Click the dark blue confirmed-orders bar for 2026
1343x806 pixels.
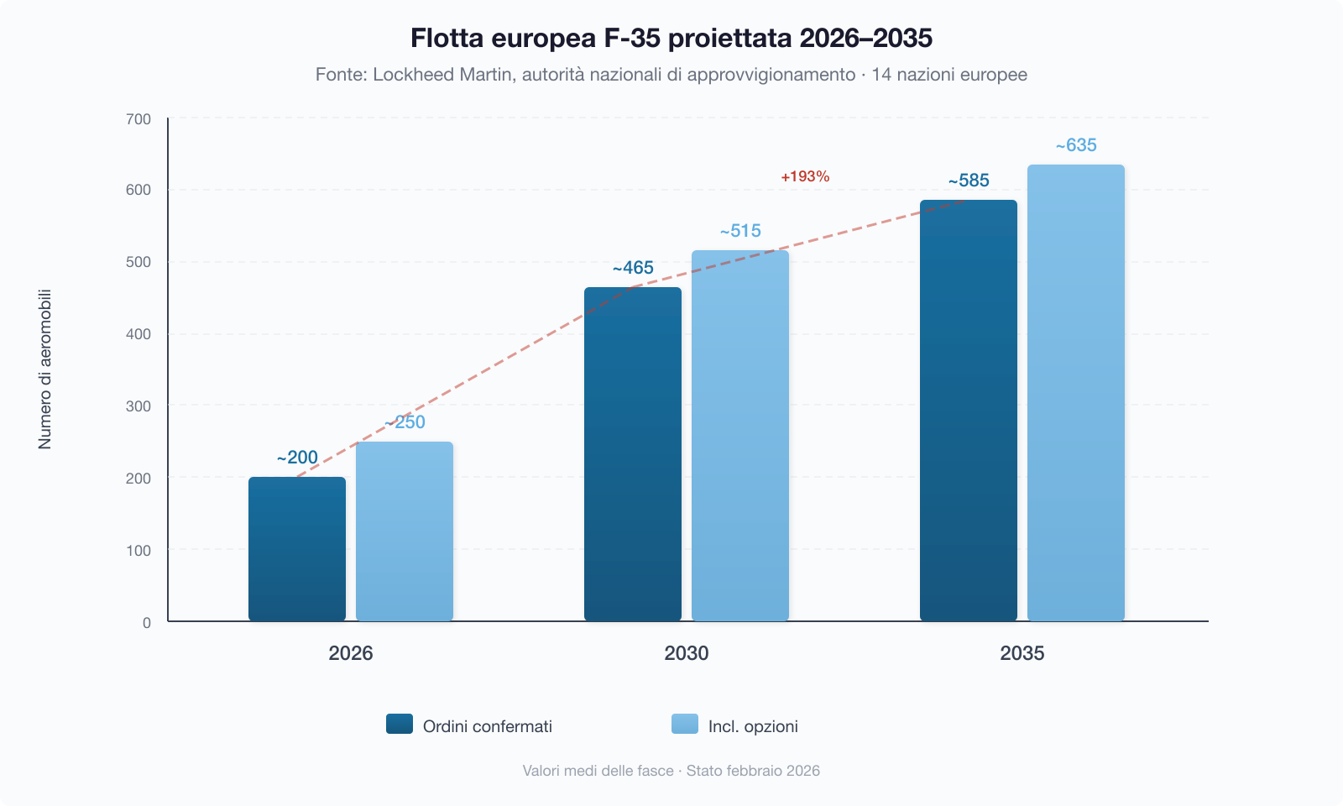pyautogui.click(x=297, y=550)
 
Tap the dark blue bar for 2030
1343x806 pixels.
pyautogui.click(x=633, y=454)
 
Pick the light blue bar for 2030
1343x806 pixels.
pyautogui.click(x=740, y=436)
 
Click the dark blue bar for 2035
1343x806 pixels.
pyautogui.click(x=969, y=411)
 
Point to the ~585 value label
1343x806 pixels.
pyautogui.click(x=969, y=181)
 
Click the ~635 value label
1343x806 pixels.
pyautogui.click(x=1076, y=145)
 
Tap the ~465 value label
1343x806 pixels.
pyautogui.click(x=633, y=268)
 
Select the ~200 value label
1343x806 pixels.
pyautogui.click(x=297, y=458)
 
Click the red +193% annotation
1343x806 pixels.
pyautogui.click(x=805, y=176)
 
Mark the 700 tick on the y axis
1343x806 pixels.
pyautogui.click(x=138, y=119)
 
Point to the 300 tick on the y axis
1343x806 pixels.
pyautogui.click(x=138, y=406)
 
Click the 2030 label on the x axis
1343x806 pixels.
pyautogui.click(x=687, y=653)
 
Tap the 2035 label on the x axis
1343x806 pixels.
pyautogui.click(x=1022, y=653)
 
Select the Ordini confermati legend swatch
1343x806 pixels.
pyautogui.click(x=400, y=724)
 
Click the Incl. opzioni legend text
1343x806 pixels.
pyautogui.click(x=753, y=726)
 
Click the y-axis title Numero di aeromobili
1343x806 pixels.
pyautogui.click(x=45, y=369)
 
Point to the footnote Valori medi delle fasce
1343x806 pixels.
pyautogui.click(x=598, y=771)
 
